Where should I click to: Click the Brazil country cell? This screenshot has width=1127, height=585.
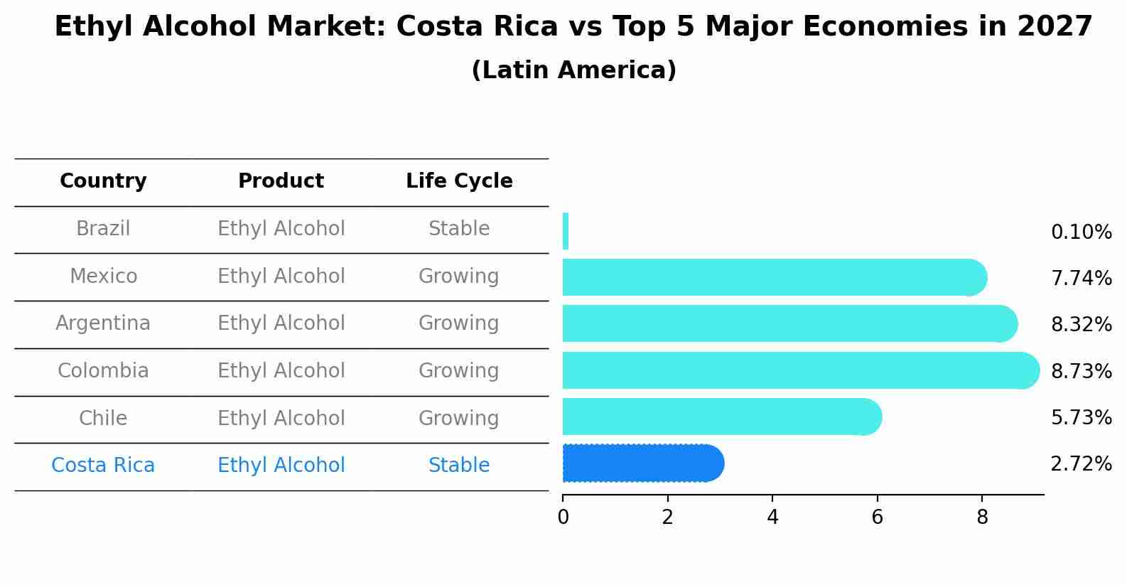tap(103, 229)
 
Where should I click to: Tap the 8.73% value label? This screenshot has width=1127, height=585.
tap(1081, 371)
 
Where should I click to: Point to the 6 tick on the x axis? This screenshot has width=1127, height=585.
tap(877, 517)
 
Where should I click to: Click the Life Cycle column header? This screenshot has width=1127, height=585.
tap(459, 181)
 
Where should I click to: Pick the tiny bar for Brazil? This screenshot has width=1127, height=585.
tap(566, 231)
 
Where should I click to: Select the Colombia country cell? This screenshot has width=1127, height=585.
tap(103, 371)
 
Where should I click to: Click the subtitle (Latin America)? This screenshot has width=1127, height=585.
tap(573, 70)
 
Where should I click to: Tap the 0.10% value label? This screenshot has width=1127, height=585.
tap(1081, 232)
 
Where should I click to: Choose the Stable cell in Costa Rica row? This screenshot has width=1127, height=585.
tap(459, 466)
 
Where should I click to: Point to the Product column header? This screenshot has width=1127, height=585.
tap(281, 181)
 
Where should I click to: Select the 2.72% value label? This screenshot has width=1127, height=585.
tap(1081, 464)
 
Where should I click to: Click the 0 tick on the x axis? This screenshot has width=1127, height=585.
tap(563, 517)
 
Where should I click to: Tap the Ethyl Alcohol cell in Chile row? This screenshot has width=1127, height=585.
tap(281, 418)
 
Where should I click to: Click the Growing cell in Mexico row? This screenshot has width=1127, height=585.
tap(459, 276)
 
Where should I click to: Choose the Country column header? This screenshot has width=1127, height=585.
tap(103, 181)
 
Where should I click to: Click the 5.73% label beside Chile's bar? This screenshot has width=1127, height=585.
tap(1081, 417)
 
